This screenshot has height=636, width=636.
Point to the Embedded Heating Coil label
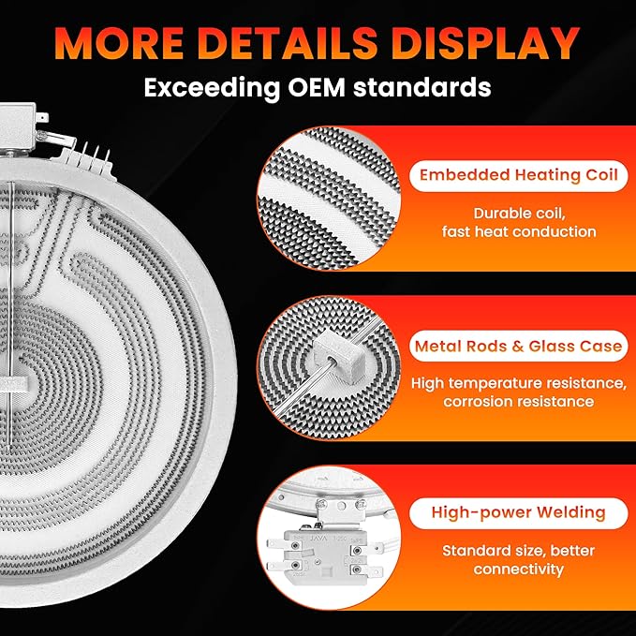pos(518,175)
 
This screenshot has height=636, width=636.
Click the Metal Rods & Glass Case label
pos(518,346)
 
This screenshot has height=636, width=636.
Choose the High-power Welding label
pos(518,512)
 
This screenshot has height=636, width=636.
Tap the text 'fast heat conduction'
pos(519,231)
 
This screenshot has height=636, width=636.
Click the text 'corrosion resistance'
pos(518,402)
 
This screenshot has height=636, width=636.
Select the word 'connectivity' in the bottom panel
pos(518,569)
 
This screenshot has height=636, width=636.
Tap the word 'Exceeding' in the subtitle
pos(212,88)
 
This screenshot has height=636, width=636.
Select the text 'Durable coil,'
pos(519,214)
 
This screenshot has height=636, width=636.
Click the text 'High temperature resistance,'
pos(519,383)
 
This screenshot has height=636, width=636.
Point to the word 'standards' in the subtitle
pos(422,88)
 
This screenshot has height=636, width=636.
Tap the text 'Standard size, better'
pos(518,551)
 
